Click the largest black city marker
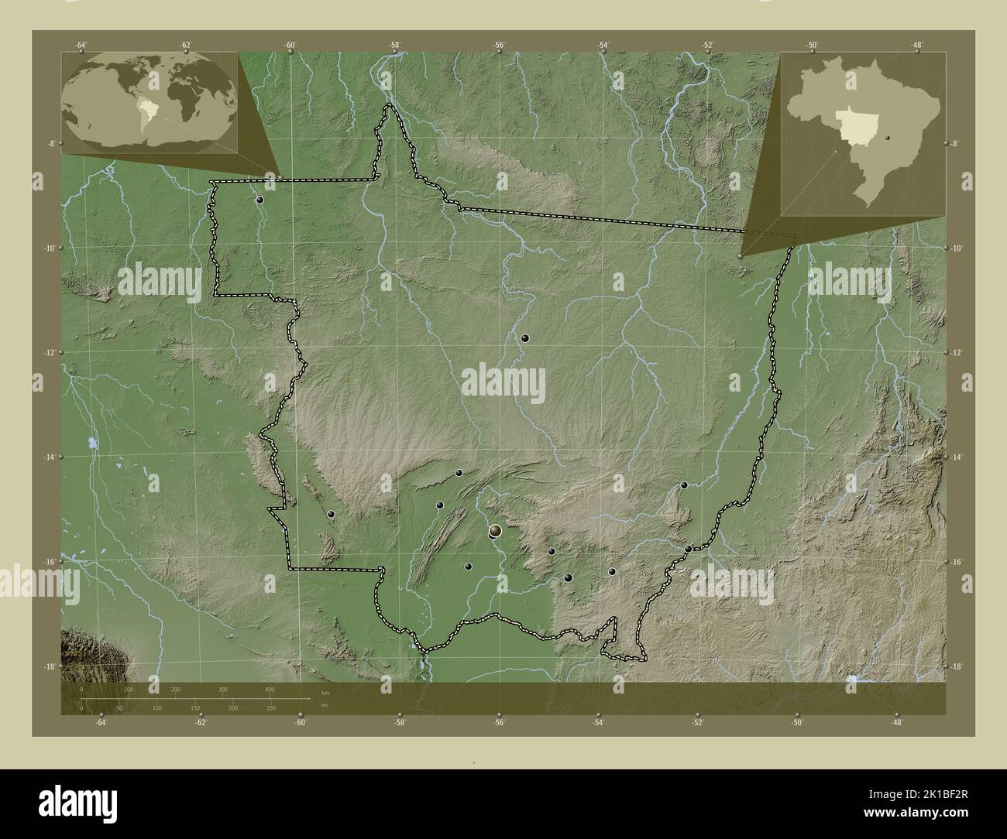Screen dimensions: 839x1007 pos(495,531)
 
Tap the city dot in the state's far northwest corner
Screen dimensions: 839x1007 pos(260,200)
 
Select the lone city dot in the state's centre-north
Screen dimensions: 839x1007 pos(525,338)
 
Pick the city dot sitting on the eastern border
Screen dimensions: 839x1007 pos(688,549)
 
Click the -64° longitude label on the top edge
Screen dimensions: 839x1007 pos(81,45)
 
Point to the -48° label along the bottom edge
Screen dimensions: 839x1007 pos(896,722)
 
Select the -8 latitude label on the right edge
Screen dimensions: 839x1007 pos(955,144)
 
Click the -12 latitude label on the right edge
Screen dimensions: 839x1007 pos(955,353)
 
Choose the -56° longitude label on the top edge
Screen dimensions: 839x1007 pos(500,45)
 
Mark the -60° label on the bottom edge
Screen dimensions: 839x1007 pos(301,722)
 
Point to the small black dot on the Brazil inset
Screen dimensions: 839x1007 pos(888,139)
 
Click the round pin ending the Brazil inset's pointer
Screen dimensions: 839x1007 pos(741,255)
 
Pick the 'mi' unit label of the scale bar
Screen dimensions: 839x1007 pos(323,707)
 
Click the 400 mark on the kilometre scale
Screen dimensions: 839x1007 pos(270,689)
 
